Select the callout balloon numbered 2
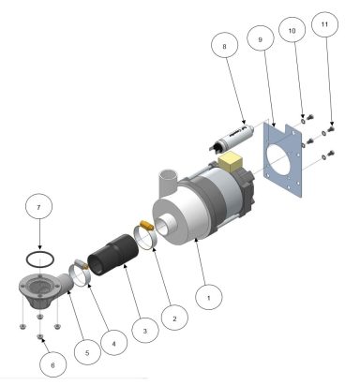point(173,318)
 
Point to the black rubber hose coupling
point(110,253)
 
